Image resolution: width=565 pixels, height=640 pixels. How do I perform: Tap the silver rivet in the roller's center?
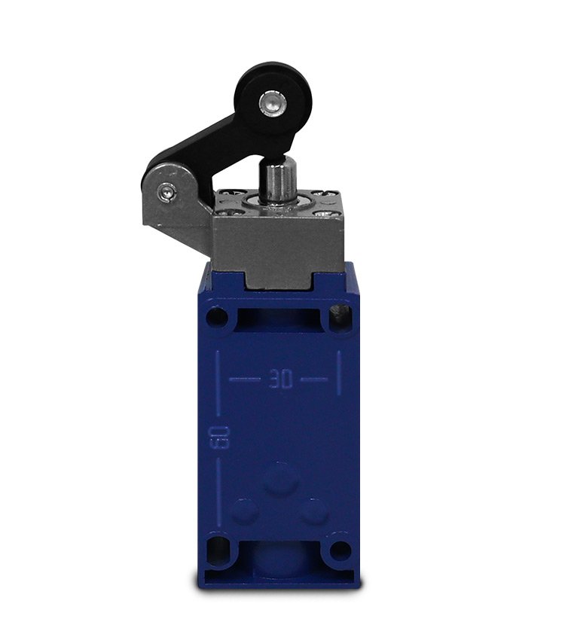[x=270, y=102]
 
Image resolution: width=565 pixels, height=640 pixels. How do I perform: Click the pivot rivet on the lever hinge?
[x=167, y=191]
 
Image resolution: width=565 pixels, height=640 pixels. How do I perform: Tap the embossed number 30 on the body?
[x=281, y=380]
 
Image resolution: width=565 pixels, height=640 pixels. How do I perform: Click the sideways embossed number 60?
[x=218, y=438]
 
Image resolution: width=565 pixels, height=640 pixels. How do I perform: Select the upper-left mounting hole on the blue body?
[x=217, y=317]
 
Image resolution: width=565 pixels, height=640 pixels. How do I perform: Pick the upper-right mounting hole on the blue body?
[x=341, y=316]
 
